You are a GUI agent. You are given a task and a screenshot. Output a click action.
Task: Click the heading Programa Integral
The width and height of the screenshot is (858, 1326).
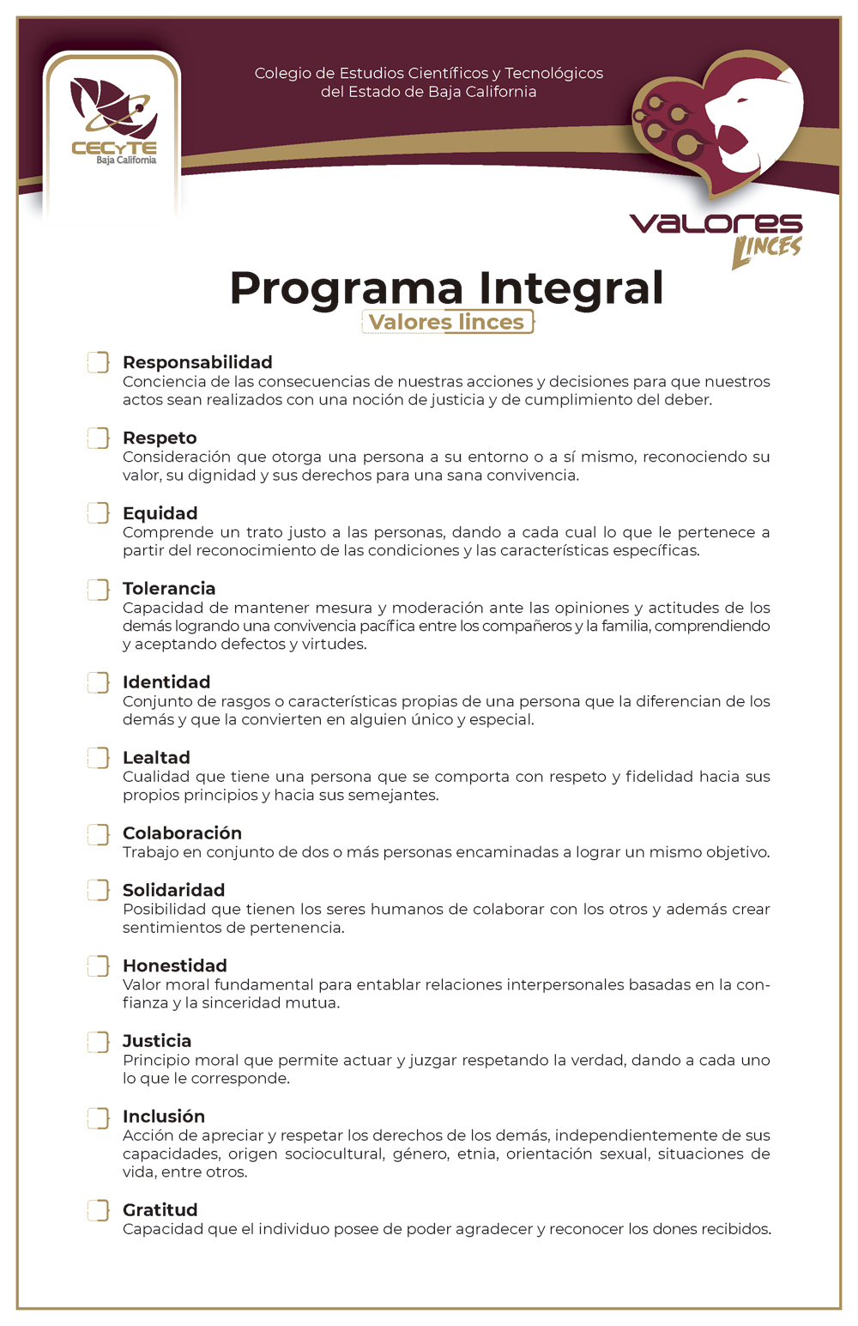(x=446, y=288)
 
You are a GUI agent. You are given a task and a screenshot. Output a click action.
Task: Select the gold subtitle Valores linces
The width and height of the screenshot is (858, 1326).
(x=446, y=322)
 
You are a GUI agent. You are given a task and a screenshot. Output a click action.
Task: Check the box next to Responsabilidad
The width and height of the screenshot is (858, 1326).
(x=99, y=362)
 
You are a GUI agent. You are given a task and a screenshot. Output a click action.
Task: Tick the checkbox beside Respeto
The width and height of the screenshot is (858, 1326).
(x=99, y=439)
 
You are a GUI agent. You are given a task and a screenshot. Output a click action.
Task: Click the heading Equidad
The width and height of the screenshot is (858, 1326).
(x=160, y=513)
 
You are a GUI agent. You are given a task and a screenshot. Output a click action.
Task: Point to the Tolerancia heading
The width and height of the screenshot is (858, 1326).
(x=169, y=589)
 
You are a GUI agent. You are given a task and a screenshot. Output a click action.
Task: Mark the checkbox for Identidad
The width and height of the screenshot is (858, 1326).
(x=99, y=682)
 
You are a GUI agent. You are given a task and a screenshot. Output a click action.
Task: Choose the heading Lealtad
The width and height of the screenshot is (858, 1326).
(x=156, y=758)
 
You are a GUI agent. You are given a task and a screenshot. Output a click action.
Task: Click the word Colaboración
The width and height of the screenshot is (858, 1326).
(x=182, y=833)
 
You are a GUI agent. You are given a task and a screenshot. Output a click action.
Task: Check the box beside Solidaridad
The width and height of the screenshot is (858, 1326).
(x=99, y=890)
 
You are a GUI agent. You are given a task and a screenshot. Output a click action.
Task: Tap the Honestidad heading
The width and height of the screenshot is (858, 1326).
(x=175, y=966)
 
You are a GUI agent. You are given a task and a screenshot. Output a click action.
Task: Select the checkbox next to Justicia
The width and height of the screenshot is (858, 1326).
(x=99, y=1042)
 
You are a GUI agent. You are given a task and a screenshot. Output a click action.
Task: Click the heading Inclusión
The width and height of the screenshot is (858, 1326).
(x=164, y=1117)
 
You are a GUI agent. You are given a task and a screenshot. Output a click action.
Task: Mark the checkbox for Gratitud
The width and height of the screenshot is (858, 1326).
(x=99, y=1210)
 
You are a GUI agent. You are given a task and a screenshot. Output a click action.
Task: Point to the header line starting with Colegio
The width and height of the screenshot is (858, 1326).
(x=429, y=74)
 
